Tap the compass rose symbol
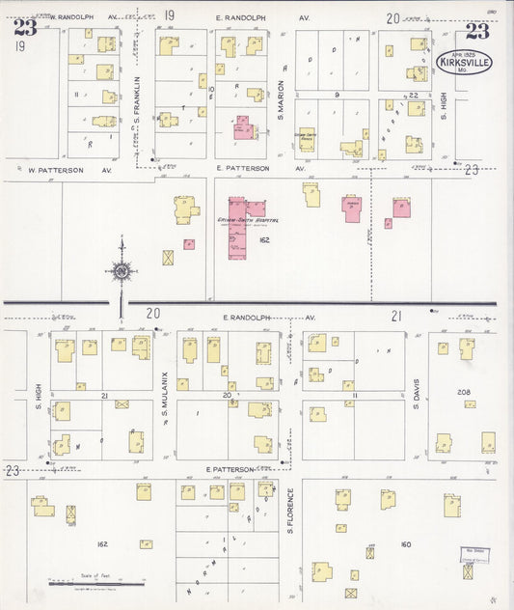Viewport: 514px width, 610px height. pos(122,271)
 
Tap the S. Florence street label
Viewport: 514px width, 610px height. pos(290,511)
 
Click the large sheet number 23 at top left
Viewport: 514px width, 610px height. pos(25,28)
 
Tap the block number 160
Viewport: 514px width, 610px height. pos(405,544)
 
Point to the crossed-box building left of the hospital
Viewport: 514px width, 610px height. pos(169,258)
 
